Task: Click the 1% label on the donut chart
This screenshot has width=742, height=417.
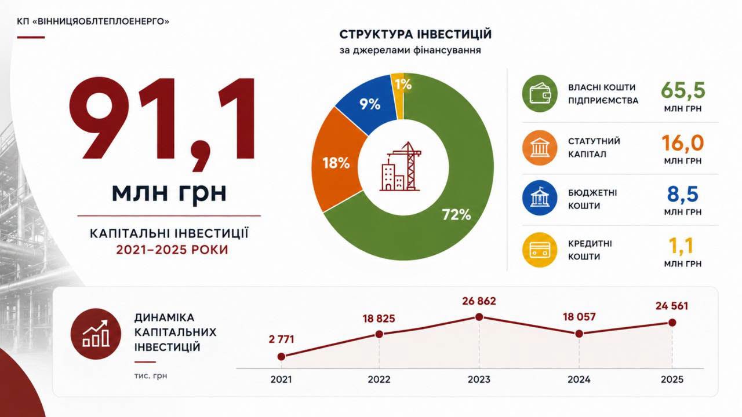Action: coord(403,85)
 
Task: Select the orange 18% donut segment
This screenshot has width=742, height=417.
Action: coord(336,162)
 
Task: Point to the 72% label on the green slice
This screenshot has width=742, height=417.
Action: coord(456,215)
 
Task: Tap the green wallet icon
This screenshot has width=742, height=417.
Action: coord(540,93)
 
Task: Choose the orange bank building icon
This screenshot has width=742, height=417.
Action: coord(540,148)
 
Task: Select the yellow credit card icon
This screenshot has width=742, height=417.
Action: coord(540,250)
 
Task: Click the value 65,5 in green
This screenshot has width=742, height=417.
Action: coord(683,90)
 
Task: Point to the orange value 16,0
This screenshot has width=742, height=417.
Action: coord(683,143)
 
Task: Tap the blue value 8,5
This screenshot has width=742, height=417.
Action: coord(683,194)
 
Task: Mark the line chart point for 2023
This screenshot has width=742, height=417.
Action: coord(479,317)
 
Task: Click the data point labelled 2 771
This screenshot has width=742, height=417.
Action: coord(281,356)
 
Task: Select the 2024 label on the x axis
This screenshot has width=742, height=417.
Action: coord(579,379)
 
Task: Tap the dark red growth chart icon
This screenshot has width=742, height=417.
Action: coord(96,334)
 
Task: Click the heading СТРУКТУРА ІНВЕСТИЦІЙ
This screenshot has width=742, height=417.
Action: coord(416,34)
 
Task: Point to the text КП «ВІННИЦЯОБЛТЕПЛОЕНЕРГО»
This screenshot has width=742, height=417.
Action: coord(93,21)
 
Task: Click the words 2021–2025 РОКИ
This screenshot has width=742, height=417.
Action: coord(172,250)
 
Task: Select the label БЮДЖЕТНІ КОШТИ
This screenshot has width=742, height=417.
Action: coord(592,199)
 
